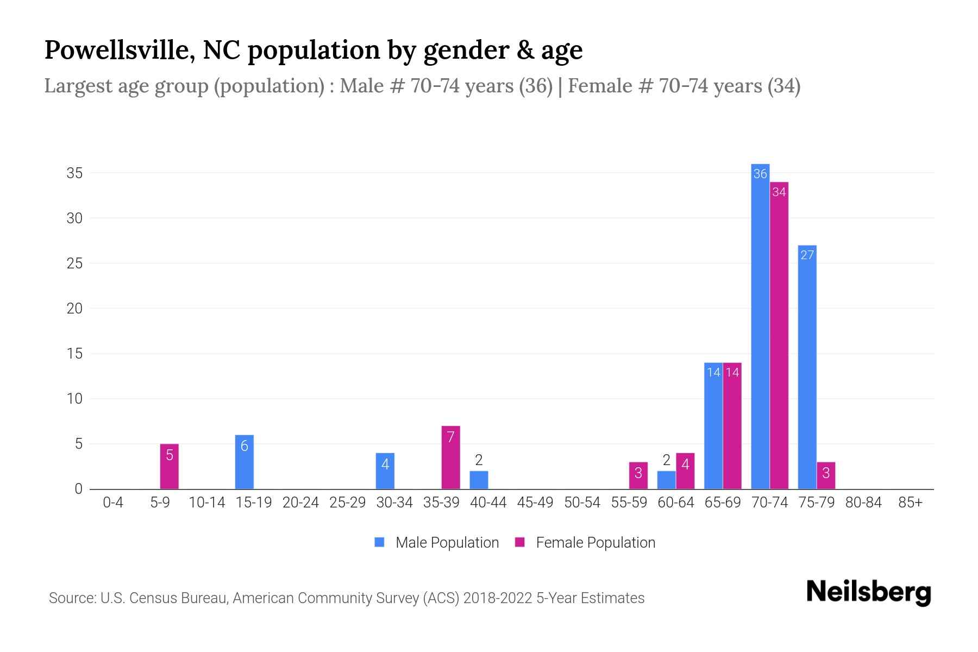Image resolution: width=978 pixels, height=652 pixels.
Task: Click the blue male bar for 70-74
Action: (760, 326)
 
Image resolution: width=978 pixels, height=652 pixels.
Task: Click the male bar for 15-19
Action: (244, 462)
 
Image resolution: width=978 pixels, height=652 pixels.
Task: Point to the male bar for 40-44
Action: (479, 480)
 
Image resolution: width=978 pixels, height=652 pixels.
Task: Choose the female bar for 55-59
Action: (638, 475)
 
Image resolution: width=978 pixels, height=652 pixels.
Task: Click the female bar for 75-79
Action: (826, 475)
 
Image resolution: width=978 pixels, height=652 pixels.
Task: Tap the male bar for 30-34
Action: (385, 471)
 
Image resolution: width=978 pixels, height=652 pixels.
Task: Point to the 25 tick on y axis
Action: (74, 263)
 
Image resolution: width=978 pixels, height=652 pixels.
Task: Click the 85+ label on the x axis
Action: (910, 503)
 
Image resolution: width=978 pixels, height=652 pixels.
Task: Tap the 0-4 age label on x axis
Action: (113, 503)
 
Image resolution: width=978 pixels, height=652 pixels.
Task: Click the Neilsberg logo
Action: (868, 592)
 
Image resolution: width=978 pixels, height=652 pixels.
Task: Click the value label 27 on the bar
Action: (807, 255)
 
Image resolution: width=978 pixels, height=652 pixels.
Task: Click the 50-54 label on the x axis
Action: (582, 503)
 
